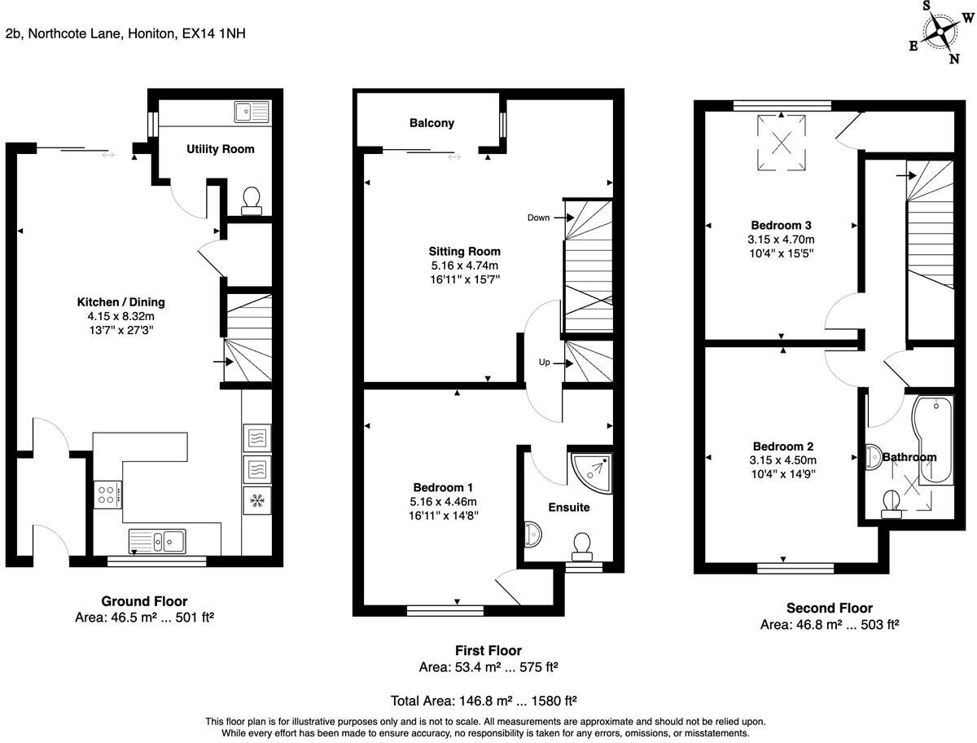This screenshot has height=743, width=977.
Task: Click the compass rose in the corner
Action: [941, 32]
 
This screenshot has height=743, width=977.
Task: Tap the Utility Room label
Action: [220, 149]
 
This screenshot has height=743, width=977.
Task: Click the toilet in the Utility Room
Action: [252, 199]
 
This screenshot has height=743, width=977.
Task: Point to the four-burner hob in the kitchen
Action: [107, 494]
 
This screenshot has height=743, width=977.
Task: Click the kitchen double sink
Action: [158, 539]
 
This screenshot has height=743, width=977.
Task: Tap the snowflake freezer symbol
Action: [256, 499]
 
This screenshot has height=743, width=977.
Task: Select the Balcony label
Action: [432, 123]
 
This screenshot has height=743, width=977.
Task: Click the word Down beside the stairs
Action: [538, 218]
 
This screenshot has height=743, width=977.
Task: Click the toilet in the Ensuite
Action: [582, 545]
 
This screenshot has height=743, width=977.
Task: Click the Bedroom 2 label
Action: [782, 446]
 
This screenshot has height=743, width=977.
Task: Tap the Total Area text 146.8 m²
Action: [485, 701]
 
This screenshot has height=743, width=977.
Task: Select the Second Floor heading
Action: [829, 608]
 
